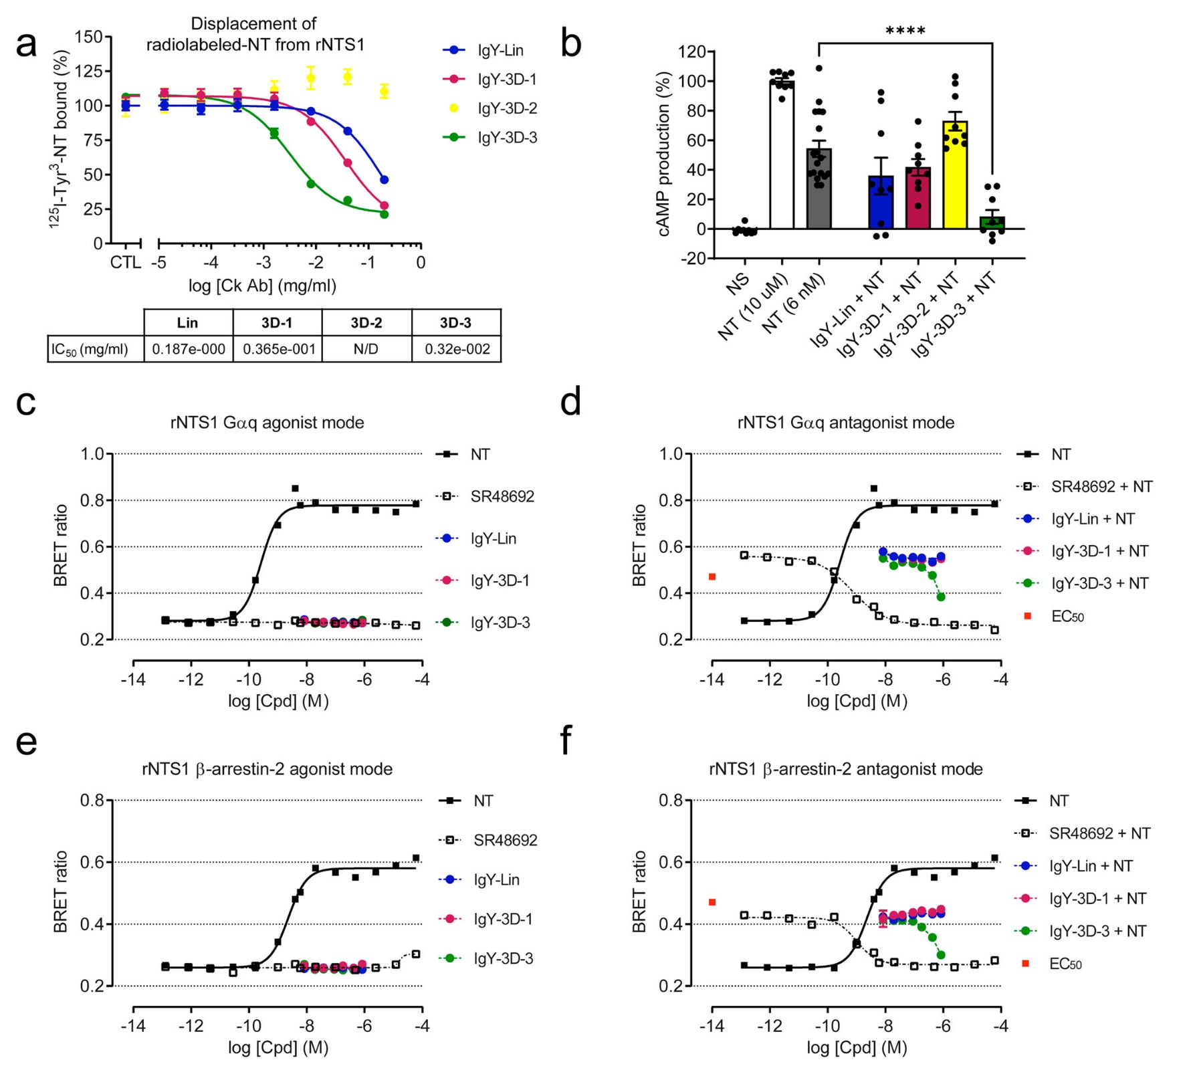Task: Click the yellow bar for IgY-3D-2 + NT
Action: (x=955, y=175)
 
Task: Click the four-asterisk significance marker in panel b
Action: (x=905, y=31)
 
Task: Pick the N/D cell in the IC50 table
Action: (x=366, y=348)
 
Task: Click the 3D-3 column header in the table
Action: (x=455, y=322)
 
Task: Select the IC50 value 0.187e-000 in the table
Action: (x=189, y=348)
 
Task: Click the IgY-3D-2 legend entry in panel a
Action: (x=506, y=108)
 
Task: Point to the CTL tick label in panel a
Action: (x=125, y=262)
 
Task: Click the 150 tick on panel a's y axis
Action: (x=90, y=37)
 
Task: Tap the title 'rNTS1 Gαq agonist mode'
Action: (x=267, y=423)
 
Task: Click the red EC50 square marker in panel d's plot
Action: (x=712, y=576)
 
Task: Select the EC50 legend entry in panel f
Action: (x=1065, y=964)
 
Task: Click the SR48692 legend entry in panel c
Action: (x=502, y=496)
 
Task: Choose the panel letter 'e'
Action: (x=26, y=742)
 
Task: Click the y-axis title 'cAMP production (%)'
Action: (x=663, y=154)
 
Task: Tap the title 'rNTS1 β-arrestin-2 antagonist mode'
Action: (x=846, y=769)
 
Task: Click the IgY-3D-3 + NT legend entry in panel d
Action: (x=1099, y=583)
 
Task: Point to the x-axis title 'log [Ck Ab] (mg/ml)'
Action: (x=262, y=286)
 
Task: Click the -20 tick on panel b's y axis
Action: (x=692, y=259)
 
